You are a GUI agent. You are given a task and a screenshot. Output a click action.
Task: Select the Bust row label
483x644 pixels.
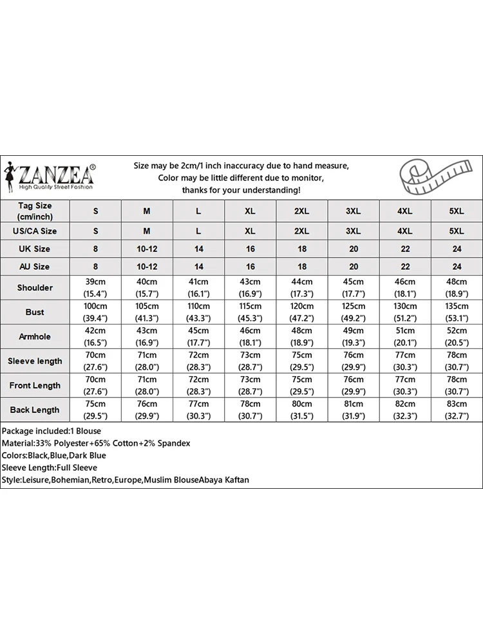pos(35,312)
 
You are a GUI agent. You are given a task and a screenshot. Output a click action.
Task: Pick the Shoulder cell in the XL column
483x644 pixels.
pos(250,288)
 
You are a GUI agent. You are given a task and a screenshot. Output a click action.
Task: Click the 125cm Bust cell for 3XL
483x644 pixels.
pos(353,312)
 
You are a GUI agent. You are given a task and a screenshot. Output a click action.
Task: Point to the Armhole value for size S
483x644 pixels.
pos(96,337)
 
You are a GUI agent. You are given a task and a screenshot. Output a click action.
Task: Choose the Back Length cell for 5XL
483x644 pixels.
pos(456,410)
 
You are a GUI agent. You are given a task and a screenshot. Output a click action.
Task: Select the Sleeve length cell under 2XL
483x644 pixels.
pos(301,361)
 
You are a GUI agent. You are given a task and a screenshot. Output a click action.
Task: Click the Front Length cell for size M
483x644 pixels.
pos(147,386)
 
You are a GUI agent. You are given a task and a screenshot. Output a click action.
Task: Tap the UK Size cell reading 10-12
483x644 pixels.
pos(147,249)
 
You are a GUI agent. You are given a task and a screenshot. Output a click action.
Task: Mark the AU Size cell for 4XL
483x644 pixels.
pos(404,267)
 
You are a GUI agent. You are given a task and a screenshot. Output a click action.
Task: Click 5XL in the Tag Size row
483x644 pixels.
pos(456,211)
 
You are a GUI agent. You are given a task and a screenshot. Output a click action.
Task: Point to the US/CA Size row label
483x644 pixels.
pos(35,231)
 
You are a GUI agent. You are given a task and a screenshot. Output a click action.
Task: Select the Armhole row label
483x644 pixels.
pos(35,337)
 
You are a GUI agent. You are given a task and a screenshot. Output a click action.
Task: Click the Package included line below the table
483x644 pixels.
pos(52,431)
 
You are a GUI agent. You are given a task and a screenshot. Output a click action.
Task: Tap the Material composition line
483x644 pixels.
pos(96,443)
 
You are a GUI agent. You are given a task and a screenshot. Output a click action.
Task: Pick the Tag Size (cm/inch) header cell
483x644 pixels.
pos(35,211)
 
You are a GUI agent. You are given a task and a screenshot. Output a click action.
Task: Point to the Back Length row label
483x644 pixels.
pos(35,410)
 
